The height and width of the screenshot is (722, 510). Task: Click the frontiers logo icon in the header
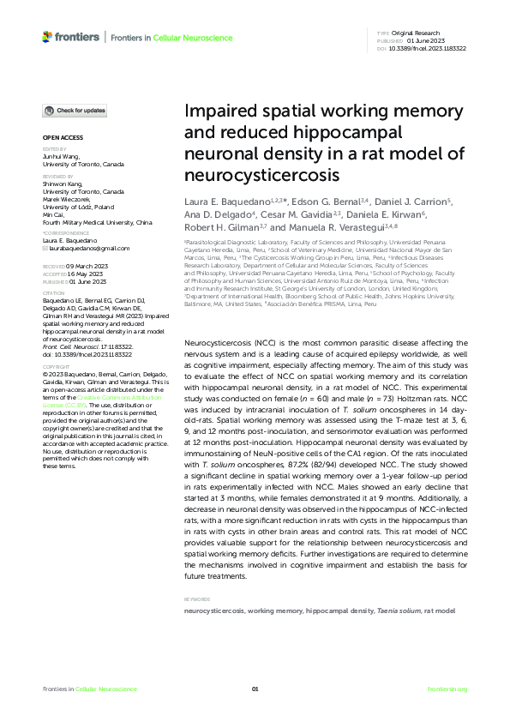click(47, 36)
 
